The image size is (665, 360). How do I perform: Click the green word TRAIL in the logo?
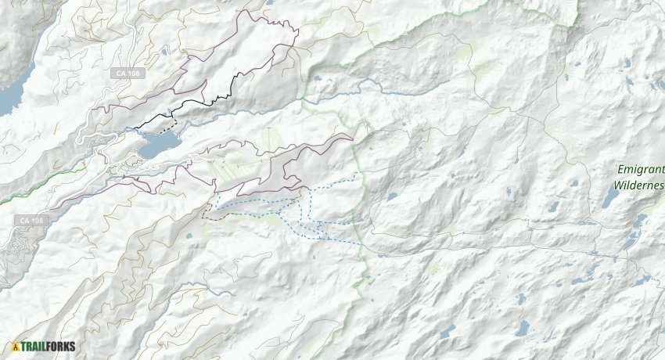[x=34, y=347]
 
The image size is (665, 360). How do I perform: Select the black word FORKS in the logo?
[x=63, y=347]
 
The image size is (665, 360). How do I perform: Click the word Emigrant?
[x=640, y=169]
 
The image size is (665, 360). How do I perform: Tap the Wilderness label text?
[x=638, y=185]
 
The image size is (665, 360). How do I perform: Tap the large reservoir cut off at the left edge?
[x=9, y=98]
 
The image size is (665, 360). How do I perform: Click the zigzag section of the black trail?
[x=227, y=90]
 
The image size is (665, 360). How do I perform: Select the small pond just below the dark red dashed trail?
[x=190, y=236]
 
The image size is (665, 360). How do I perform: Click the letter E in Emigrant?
[x=620, y=169]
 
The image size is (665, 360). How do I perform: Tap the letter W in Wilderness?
[x=618, y=185]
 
